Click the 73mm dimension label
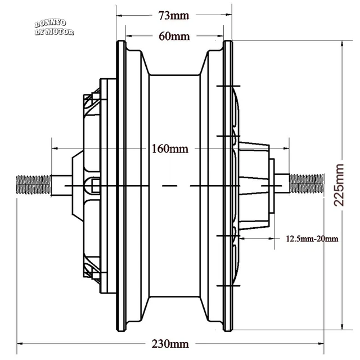(174, 16)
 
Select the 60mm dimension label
(174, 36)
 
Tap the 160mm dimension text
(170, 148)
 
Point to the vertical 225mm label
(339, 185)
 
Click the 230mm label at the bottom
(170, 344)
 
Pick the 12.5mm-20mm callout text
(312, 238)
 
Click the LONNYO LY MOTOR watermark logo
(54, 28)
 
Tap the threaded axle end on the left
(34, 184)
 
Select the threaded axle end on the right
(307, 183)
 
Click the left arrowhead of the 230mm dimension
(20, 344)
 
